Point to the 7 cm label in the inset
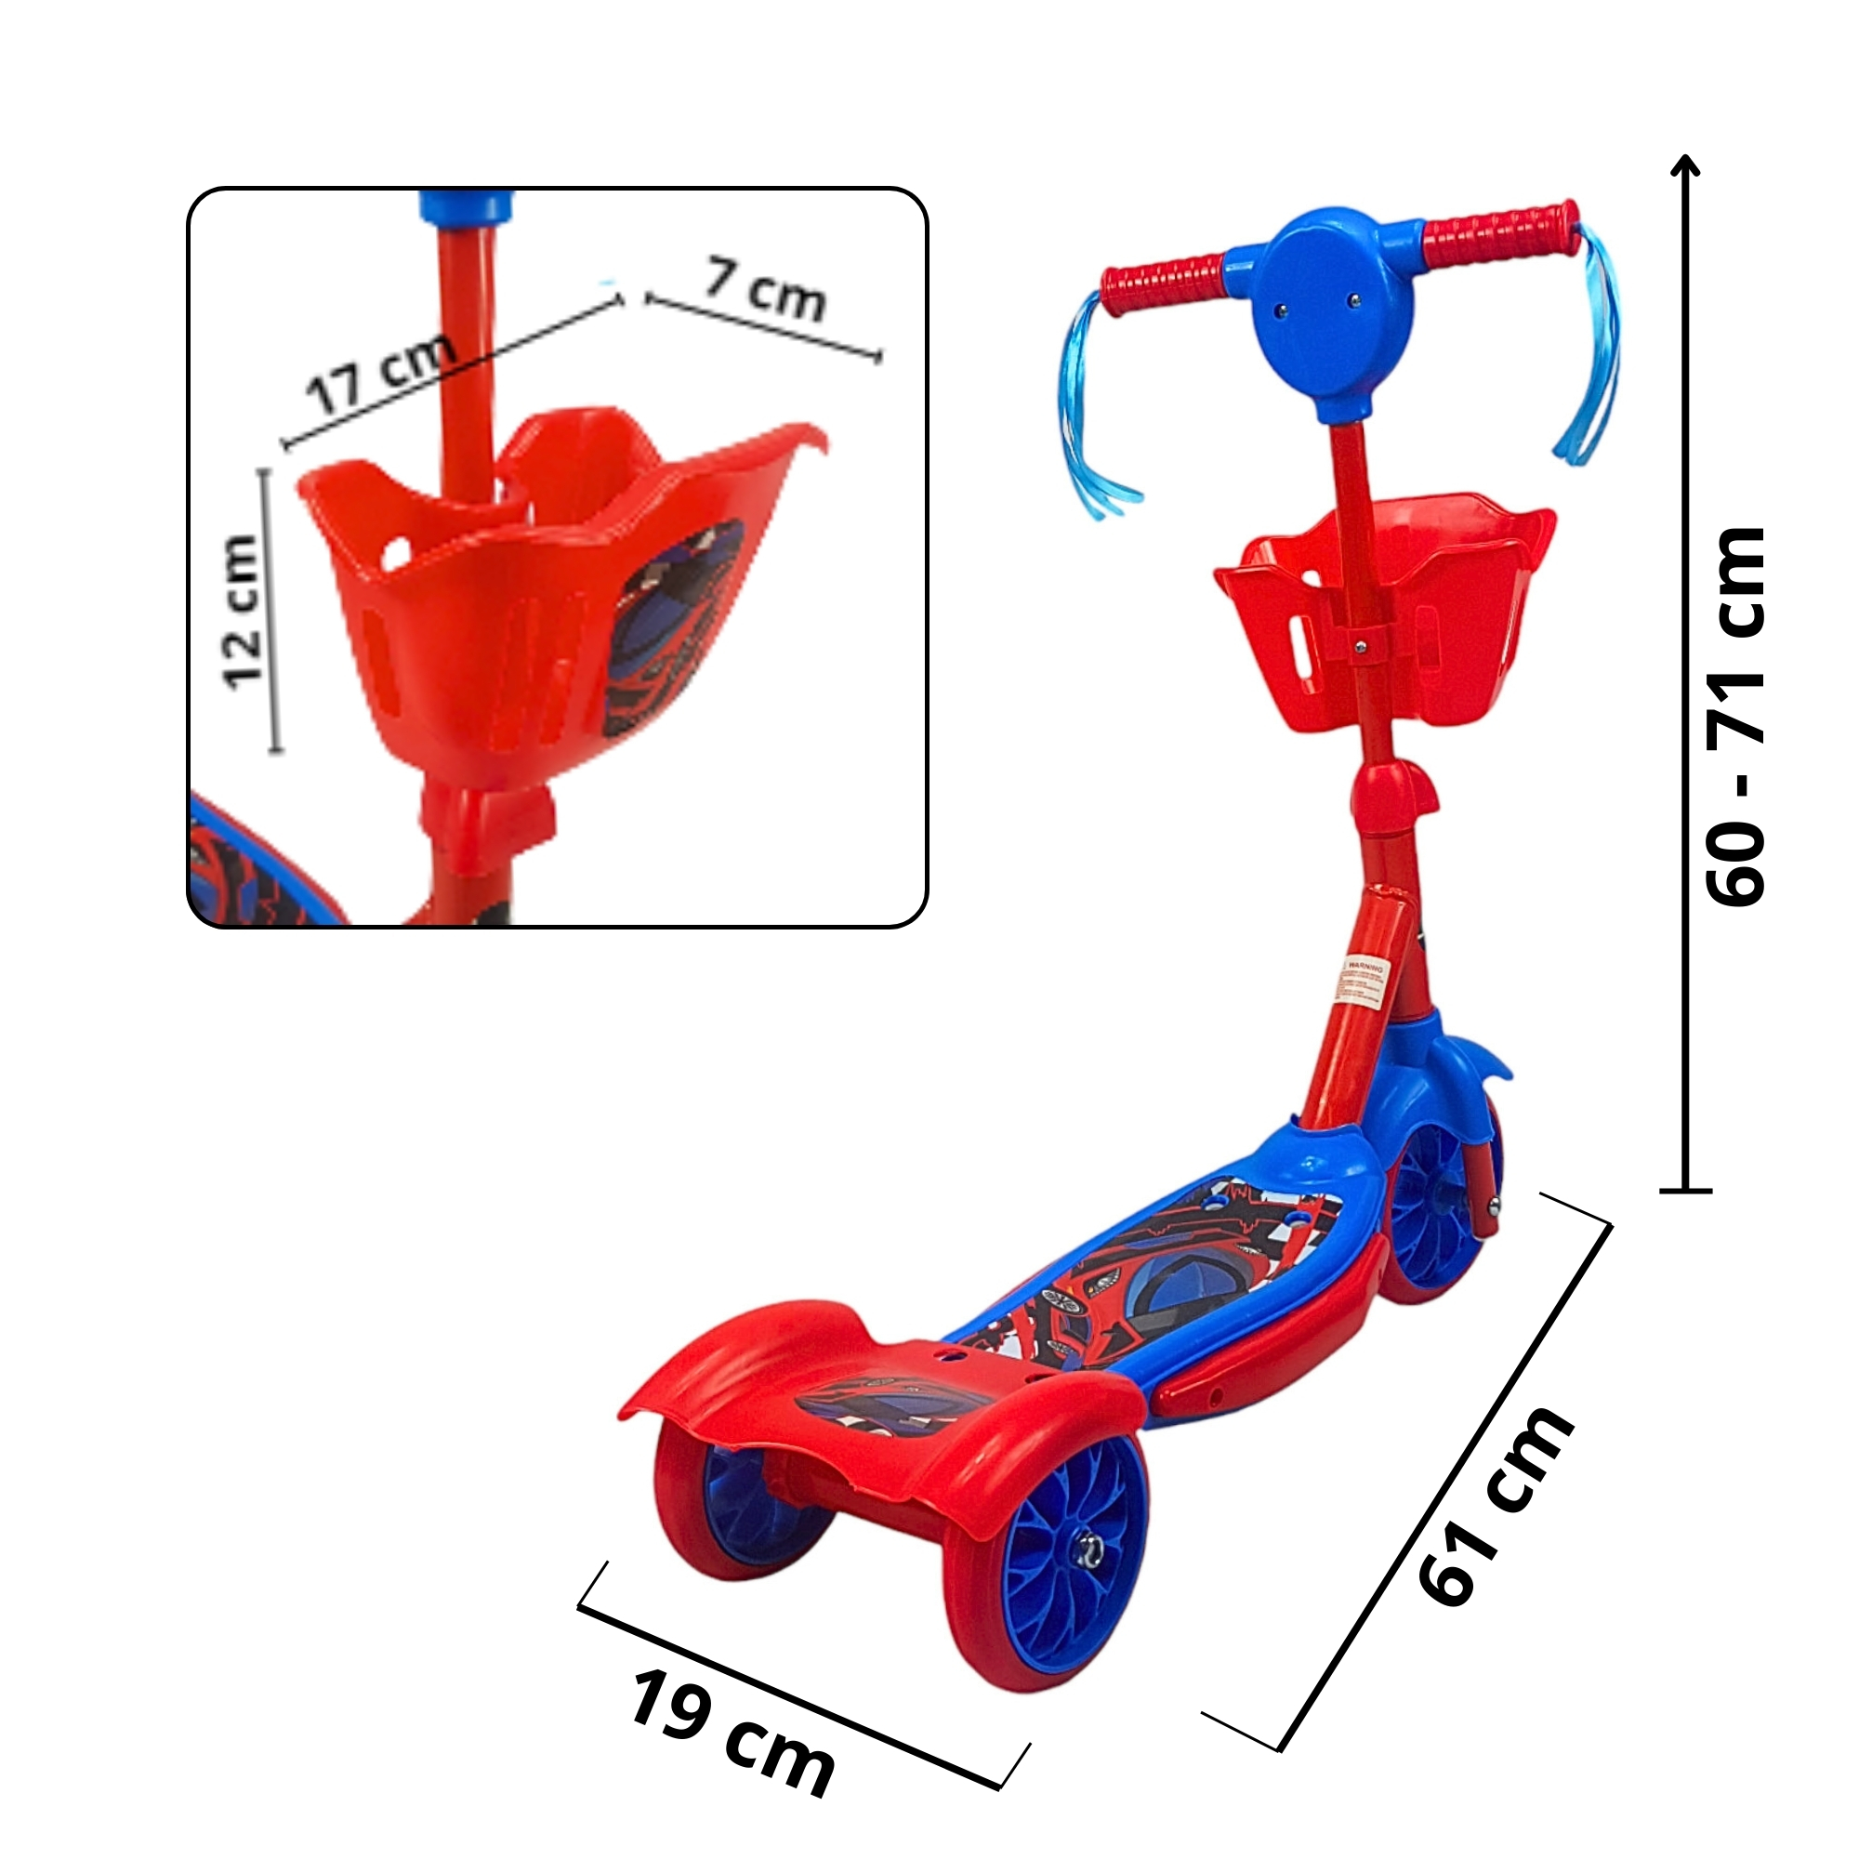[766, 290]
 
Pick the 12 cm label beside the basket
[242, 612]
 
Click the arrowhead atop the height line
[1687, 165]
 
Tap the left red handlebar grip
[1165, 279]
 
